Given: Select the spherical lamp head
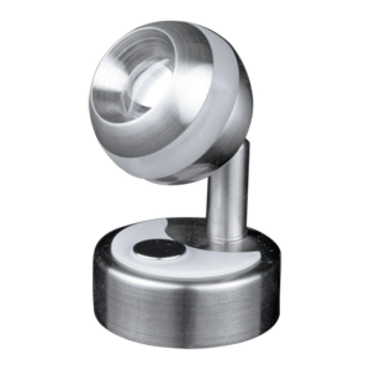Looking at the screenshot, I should (169, 103).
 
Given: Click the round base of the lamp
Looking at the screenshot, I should (181, 288).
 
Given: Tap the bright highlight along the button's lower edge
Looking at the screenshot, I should (158, 258).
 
